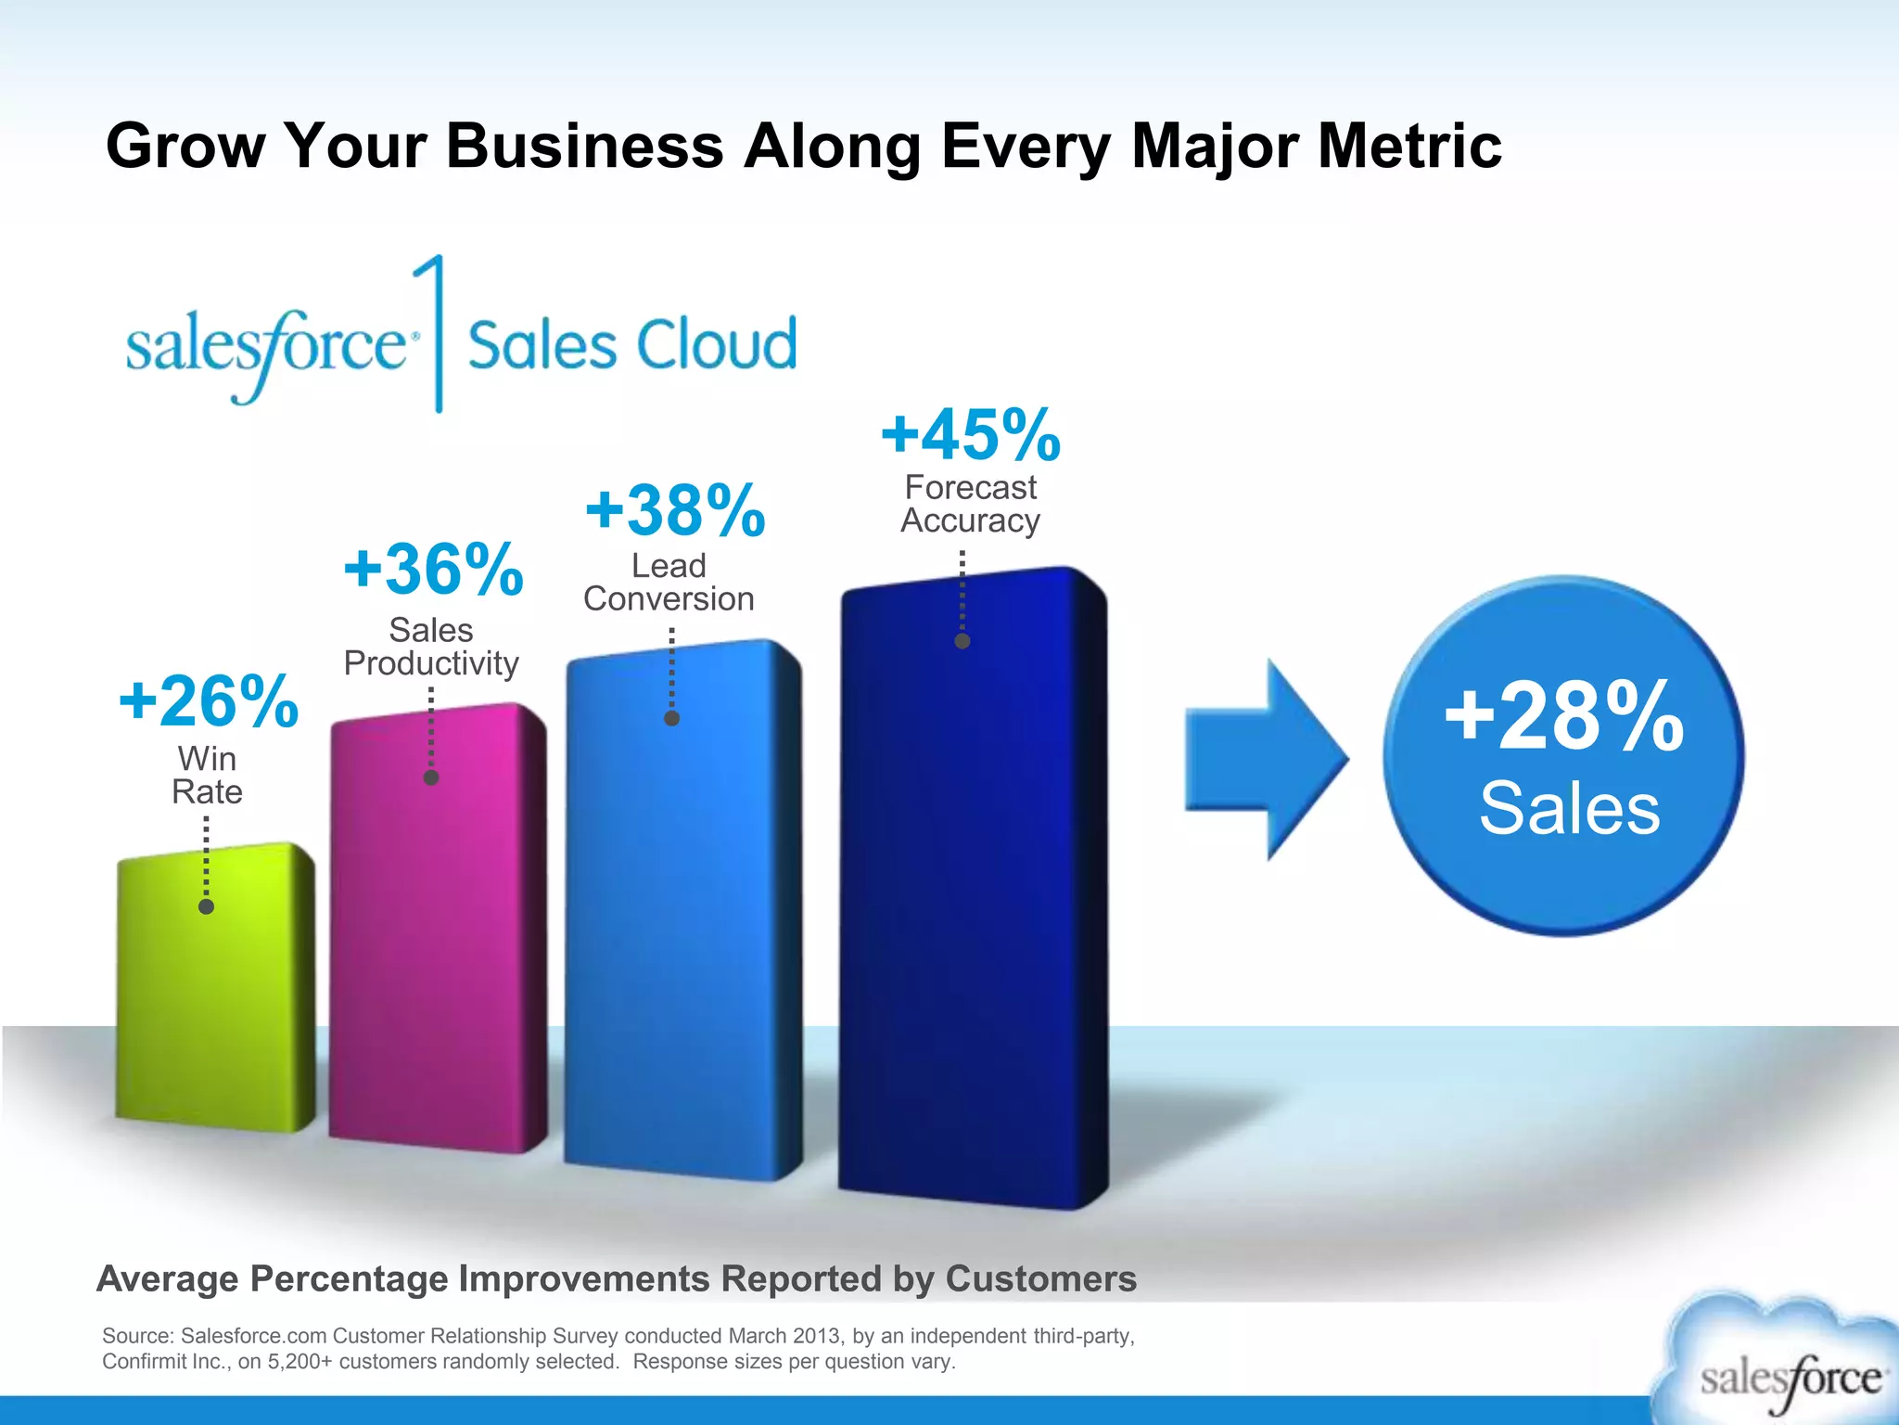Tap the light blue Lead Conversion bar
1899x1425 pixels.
682,918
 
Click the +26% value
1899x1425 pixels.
209,701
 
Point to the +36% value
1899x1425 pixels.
433,569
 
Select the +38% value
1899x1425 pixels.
675,510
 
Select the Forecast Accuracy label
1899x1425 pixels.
970,504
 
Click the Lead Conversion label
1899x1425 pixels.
669,582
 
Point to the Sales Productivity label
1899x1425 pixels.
431,647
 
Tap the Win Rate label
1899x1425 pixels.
207,775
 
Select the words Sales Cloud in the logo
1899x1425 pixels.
631,345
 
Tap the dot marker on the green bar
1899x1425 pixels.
206,906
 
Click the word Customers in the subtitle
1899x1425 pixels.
1040,1278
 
